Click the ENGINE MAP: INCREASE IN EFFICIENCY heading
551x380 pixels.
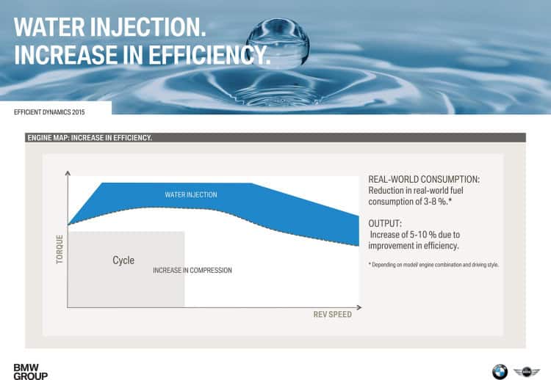pyautogui.click(x=89, y=137)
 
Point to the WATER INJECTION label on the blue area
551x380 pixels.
pyautogui.click(x=190, y=194)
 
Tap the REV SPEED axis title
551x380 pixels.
pyautogui.click(x=332, y=315)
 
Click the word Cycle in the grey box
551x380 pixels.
pyautogui.click(x=123, y=260)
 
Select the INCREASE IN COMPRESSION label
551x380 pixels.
pyautogui.click(x=192, y=271)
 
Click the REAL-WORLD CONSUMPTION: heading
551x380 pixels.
pyautogui.click(x=424, y=179)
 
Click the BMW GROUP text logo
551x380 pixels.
pyautogui.click(x=30, y=370)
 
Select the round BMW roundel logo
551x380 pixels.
pyautogui.click(x=500, y=370)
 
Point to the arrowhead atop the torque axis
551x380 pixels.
pyautogui.click(x=68, y=174)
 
